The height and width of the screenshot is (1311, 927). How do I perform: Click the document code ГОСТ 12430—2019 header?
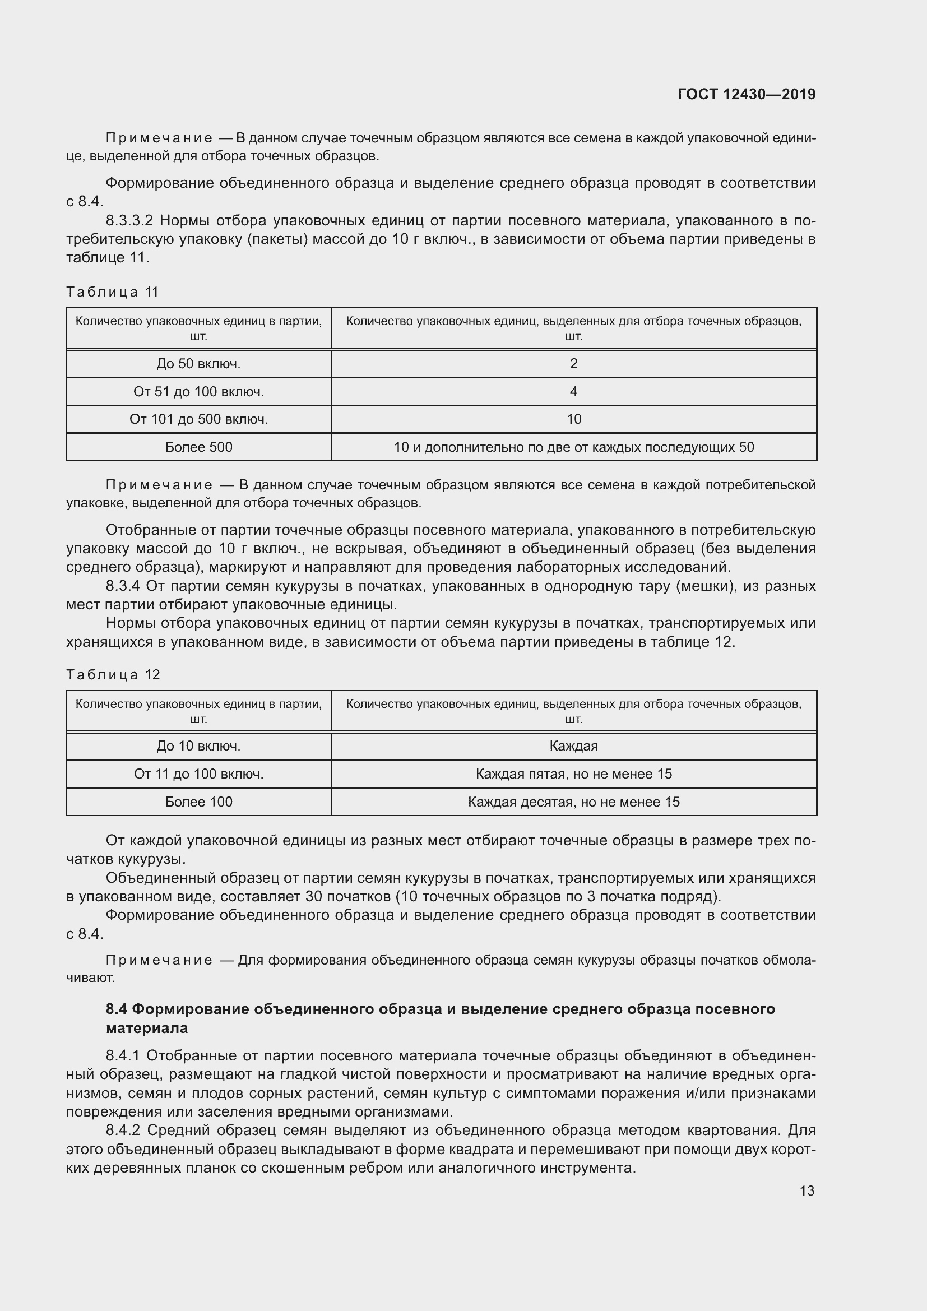tap(746, 94)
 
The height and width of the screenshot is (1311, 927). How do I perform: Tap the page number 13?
tap(807, 1190)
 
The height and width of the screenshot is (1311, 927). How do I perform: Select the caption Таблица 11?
tap(113, 292)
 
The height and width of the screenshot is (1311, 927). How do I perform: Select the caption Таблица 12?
tap(113, 674)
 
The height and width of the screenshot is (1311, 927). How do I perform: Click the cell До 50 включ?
tap(198, 364)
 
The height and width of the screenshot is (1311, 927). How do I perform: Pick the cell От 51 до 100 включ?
tap(198, 392)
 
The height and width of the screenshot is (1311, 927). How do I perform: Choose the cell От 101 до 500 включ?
tap(198, 419)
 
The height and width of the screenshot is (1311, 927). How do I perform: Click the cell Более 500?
tap(198, 447)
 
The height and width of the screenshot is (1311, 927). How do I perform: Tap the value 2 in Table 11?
tap(574, 364)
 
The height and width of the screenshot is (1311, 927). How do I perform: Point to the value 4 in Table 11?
tap(574, 392)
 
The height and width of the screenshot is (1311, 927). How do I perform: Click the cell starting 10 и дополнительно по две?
tap(574, 447)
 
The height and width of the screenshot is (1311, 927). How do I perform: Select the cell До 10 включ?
tap(198, 746)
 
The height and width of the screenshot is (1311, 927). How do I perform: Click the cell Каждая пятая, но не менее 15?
tap(574, 774)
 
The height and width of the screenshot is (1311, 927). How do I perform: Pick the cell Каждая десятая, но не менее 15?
tap(574, 802)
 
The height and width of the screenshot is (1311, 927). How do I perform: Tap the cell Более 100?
tap(198, 802)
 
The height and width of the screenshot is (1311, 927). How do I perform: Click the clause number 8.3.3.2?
tap(129, 220)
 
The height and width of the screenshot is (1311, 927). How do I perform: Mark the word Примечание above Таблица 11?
tap(159, 138)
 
